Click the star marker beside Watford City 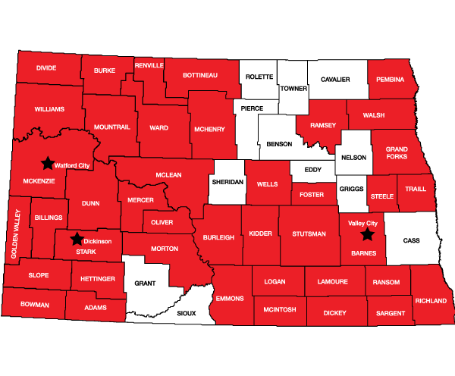[x=47, y=162]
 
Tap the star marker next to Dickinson [x=76, y=240]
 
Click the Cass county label [x=411, y=240]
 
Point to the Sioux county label [x=186, y=312]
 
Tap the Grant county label [x=145, y=283]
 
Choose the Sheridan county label [x=227, y=183]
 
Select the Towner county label [x=293, y=89]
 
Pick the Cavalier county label [x=336, y=78]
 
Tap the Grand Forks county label [x=397, y=154]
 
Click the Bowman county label [x=33, y=305]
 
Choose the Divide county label [x=46, y=68]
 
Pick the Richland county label [x=431, y=300]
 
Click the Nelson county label [x=354, y=158]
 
